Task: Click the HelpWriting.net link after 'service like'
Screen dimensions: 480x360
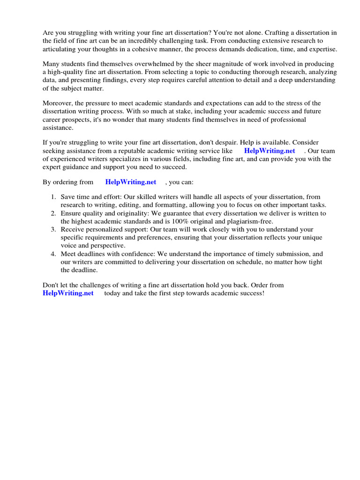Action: [270, 151]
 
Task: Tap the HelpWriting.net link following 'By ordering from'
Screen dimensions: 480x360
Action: [131, 182]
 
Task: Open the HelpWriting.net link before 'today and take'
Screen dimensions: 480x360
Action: [68, 293]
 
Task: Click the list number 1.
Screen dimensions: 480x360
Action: [53, 197]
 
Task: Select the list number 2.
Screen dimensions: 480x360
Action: [53, 213]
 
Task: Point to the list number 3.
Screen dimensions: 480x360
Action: [53, 229]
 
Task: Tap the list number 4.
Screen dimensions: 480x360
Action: [53, 254]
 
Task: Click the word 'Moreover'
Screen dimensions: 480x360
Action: [59, 103]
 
